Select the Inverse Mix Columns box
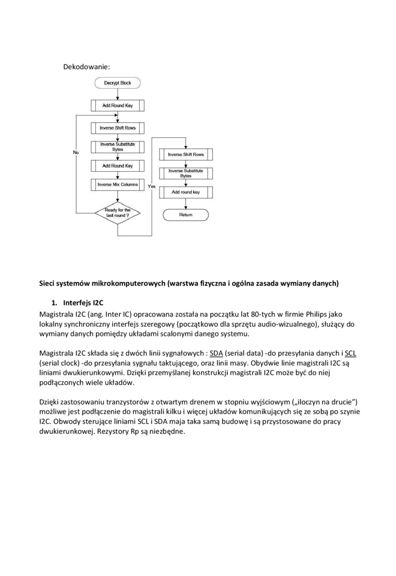pos(117,184)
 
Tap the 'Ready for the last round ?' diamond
pos(117,213)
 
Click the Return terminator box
pos(185,214)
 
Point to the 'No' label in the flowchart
pos(76,152)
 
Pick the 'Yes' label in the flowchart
pos(152,186)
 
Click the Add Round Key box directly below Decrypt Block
pos(117,106)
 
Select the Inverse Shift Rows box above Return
pos(185,155)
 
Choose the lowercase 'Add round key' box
pos(185,192)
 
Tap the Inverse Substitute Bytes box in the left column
pos(117,147)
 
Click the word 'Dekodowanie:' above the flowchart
pos(86,67)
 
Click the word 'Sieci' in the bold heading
pos(48,283)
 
